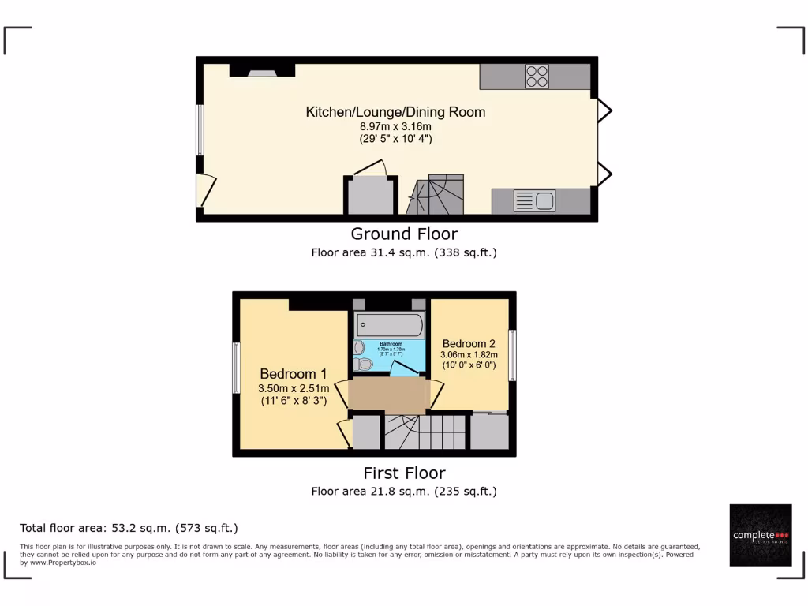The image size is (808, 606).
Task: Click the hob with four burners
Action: coord(537,77)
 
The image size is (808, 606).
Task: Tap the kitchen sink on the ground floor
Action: coord(534,200)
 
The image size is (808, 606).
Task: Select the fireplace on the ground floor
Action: coord(262,71)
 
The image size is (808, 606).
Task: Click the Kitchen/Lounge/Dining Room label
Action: coord(395,112)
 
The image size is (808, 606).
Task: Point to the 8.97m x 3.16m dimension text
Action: coord(395,126)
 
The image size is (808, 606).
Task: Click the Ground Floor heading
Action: coord(404,234)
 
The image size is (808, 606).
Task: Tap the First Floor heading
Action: coord(404,473)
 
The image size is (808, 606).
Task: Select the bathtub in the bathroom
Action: coord(389,324)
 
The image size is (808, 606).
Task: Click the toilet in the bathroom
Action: coord(364,365)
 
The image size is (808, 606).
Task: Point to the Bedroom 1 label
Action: coord(293,374)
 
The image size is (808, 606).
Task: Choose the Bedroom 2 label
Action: coord(469,344)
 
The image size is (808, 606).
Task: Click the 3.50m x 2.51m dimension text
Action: coord(294,388)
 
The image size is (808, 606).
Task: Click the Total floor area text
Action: coord(129,528)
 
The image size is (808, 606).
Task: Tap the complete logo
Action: coord(760,535)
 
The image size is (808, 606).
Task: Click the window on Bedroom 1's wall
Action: coord(236,368)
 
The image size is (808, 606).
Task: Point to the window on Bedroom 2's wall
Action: coord(512,354)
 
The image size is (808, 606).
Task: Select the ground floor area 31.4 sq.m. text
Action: coord(404,253)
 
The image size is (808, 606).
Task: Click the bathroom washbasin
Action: coord(360,347)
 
